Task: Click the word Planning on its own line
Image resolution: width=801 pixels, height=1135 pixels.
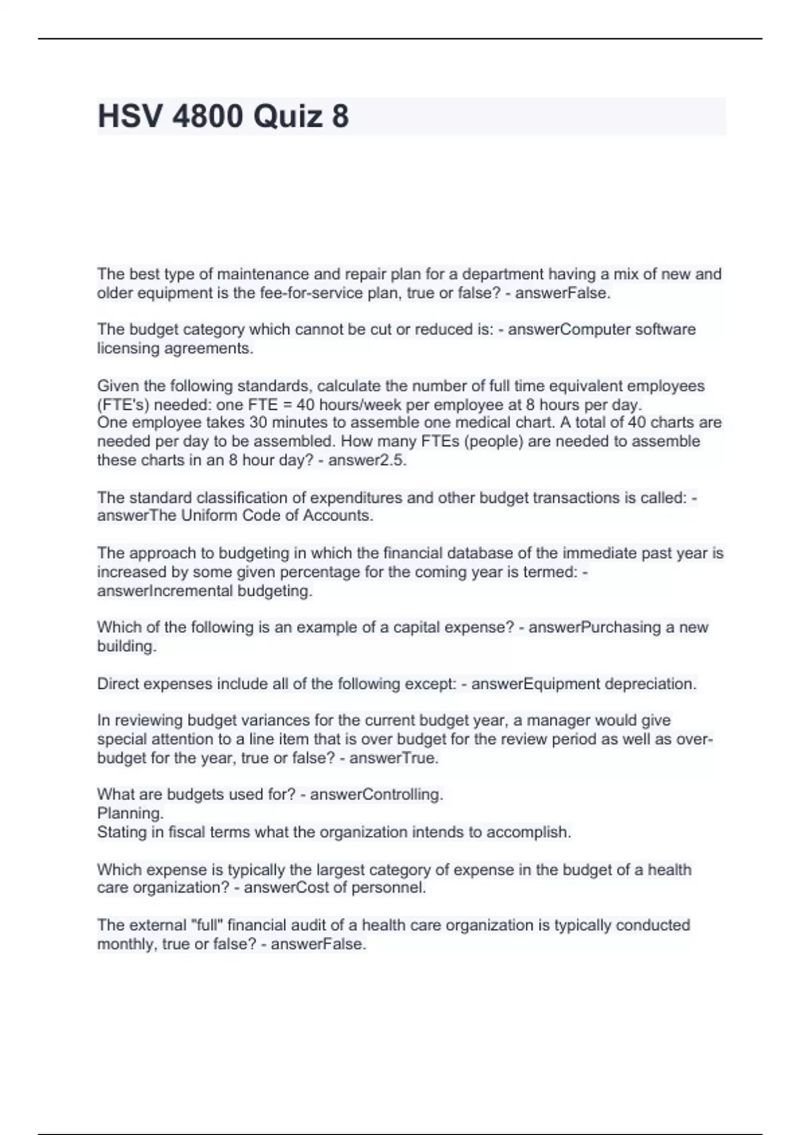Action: pos(129,813)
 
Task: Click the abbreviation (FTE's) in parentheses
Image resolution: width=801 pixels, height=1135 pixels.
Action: pos(123,405)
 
